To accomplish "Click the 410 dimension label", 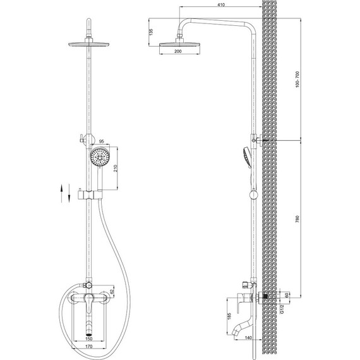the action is tap(221, 4).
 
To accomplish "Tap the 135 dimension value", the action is tap(151, 32).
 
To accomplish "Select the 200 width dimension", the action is tap(178, 51).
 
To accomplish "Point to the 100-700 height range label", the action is tap(297, 79).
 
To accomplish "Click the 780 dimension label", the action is tap(297, 219).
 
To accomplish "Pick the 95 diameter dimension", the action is tap(102, 141).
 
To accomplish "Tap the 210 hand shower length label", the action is tap(116, 168).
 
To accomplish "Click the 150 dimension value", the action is tap(88, 339).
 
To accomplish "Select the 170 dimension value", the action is tap(88, 346).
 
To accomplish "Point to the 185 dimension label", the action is tap(229, 316).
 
